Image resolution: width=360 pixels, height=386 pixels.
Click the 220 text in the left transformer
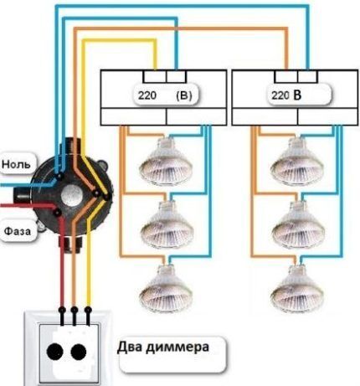pos(146,95)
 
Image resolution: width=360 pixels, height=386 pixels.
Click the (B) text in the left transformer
pos(184,95)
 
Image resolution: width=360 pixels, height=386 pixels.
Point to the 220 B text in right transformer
pos(286,95)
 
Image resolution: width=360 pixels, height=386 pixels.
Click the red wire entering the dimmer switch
pos(60,285)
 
